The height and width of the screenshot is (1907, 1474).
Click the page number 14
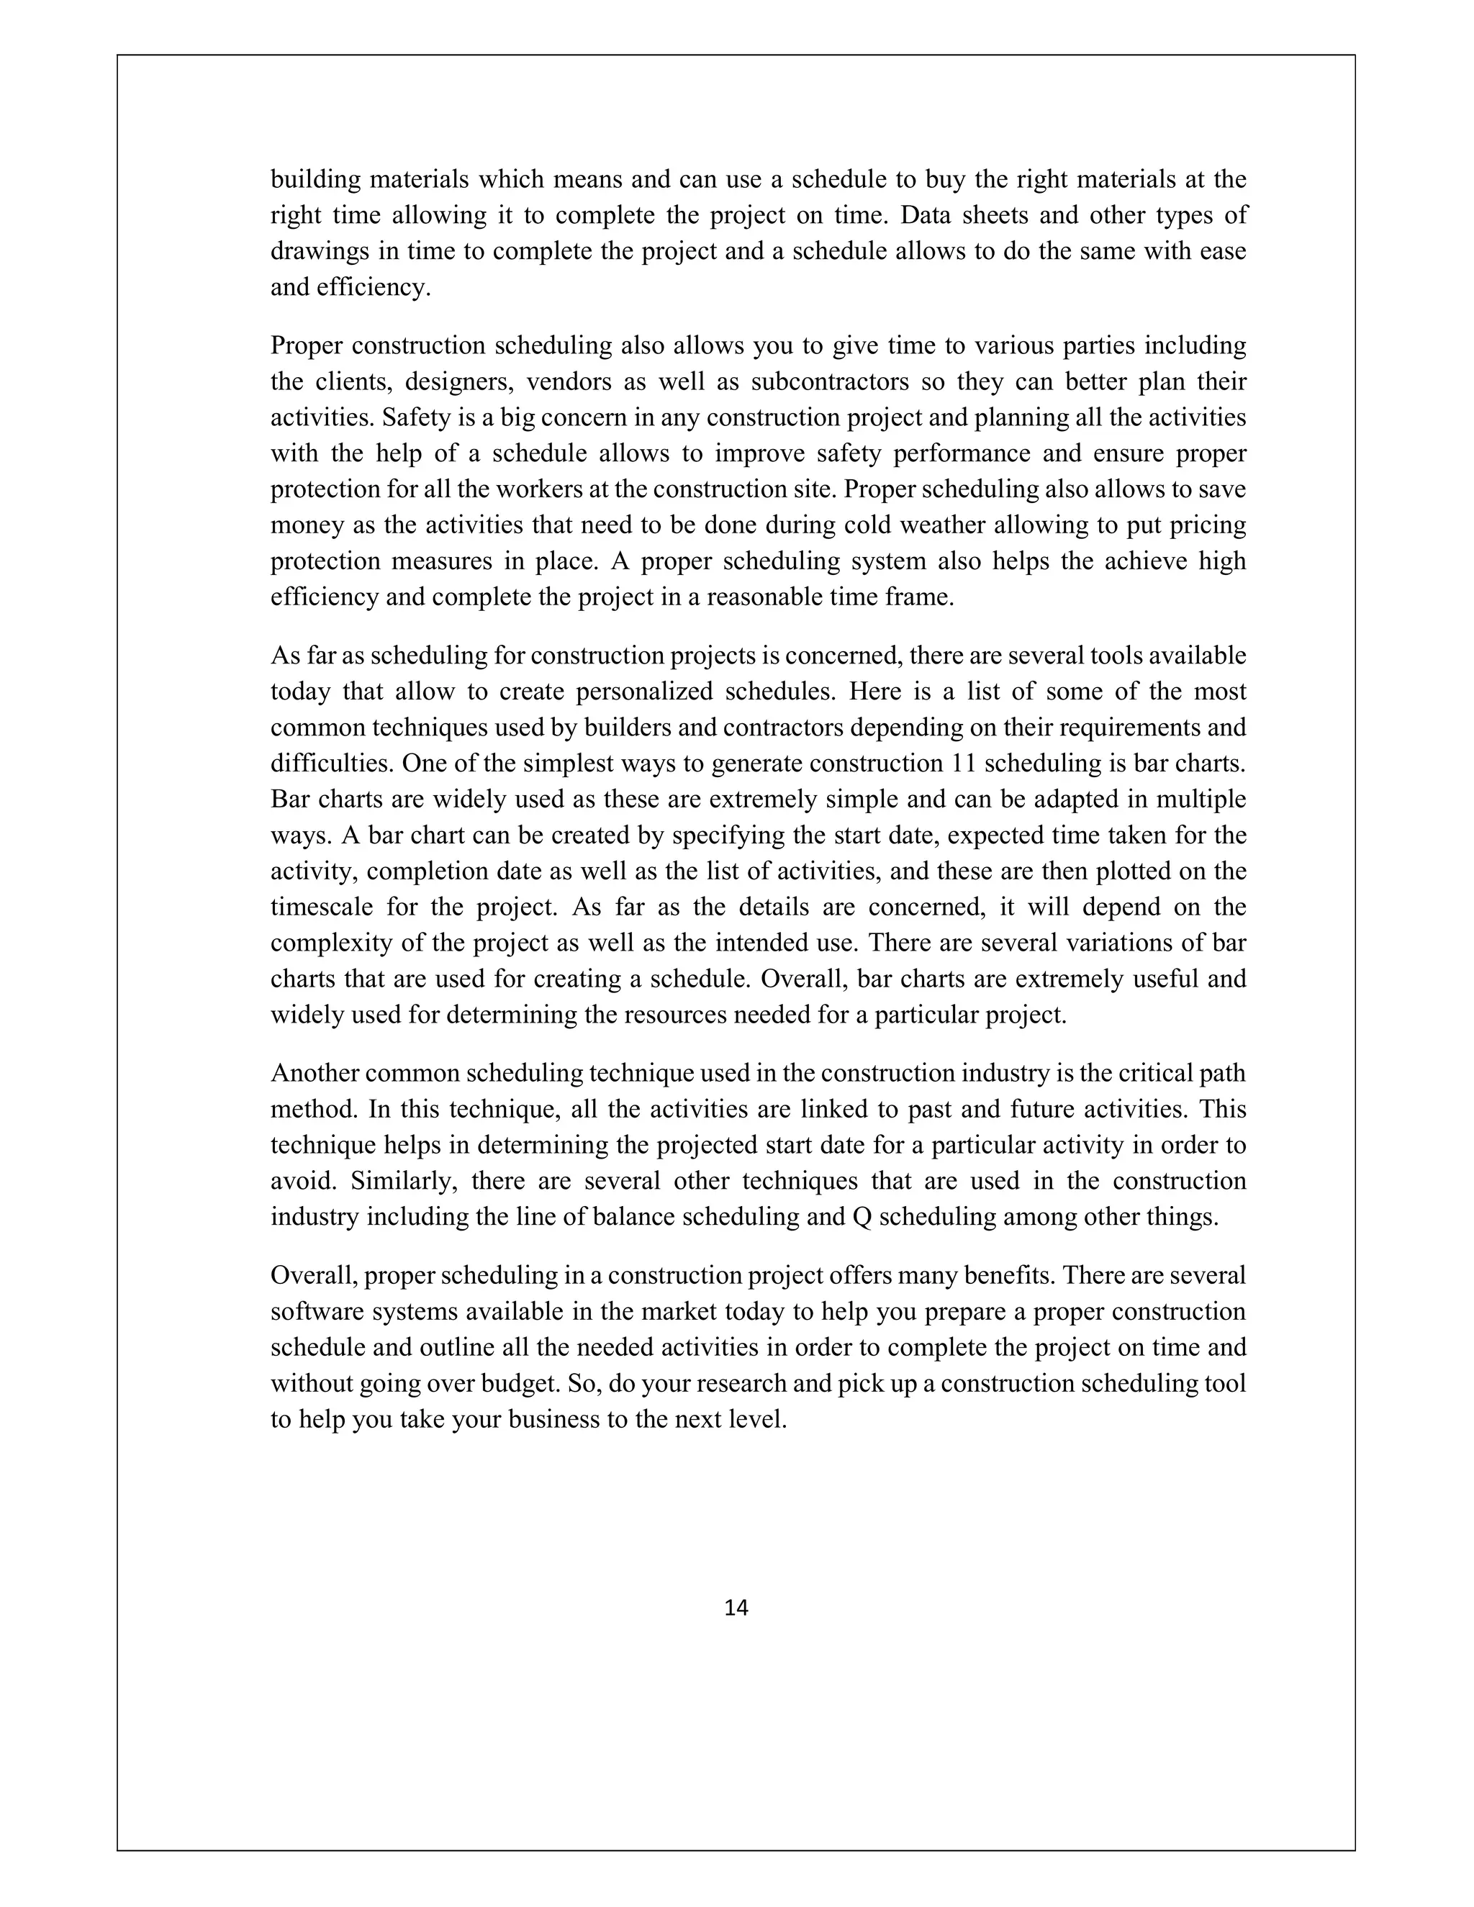(x=736, y=1608)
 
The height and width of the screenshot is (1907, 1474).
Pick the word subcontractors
(x=844, y=381)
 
